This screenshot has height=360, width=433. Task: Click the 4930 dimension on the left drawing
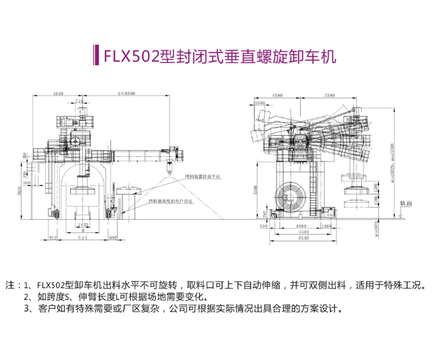58,94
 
